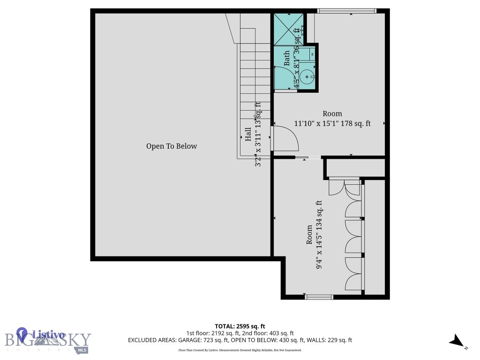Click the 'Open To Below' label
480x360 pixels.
tap(172, 146)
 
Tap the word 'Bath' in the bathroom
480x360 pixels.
tap(287, 58)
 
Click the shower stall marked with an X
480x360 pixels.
tap(287, 29)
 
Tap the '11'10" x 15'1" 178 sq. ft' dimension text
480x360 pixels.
tap(332, 124)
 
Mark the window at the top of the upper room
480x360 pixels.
tap(347, 11)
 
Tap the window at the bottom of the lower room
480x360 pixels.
tap(319, 297)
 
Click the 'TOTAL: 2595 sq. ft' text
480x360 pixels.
tap(240, 326)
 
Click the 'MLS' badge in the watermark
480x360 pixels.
tap(82, 350)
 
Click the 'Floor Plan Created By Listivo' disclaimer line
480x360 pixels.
tap(240, 350)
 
